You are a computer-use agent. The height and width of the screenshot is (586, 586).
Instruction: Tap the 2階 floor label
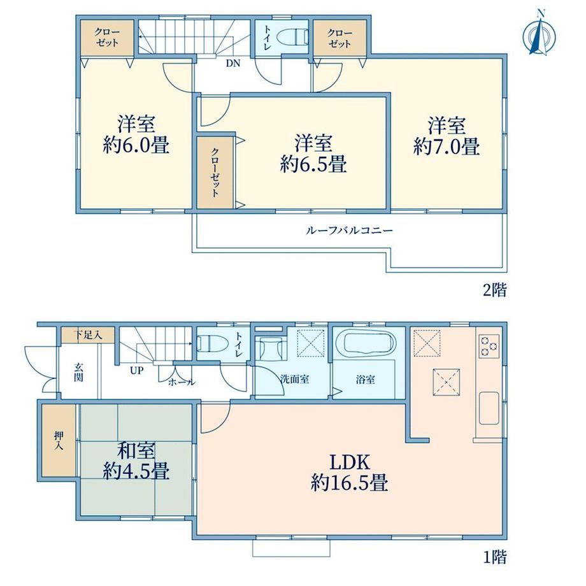[495, 290]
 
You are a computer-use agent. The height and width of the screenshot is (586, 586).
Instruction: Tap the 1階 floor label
[495, 557]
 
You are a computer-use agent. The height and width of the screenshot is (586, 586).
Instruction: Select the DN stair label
[233, 63]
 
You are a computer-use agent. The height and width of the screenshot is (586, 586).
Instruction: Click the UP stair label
[136, 370]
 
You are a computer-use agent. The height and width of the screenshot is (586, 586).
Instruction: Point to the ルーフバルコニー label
[350, 230]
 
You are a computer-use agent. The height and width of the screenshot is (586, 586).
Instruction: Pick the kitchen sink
[489, 408]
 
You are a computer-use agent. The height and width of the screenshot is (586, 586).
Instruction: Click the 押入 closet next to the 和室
[59, 440]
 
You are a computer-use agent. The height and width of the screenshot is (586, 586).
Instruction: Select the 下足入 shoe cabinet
[88, 335]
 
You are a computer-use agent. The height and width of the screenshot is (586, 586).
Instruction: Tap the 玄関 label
[78, 372]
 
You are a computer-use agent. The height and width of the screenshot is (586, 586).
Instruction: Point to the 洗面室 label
[294, 380]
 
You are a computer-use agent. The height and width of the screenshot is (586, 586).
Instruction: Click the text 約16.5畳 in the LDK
[350, 483]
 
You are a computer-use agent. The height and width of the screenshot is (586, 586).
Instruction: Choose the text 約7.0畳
[447, 146]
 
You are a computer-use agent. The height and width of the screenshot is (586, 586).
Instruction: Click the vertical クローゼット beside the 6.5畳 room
[215, 172]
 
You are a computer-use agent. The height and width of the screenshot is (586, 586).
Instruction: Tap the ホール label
[182, 382]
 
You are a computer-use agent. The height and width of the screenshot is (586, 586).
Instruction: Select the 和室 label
[136, 451]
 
